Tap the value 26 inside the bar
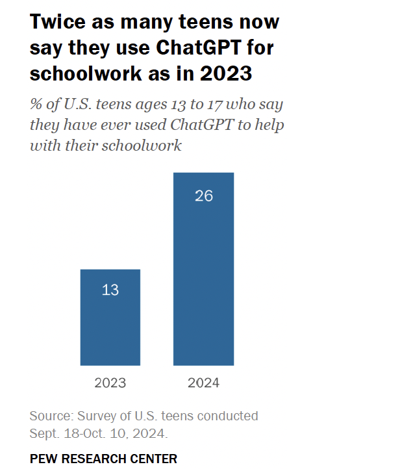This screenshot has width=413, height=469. pyautogui.click(x=204, y=195)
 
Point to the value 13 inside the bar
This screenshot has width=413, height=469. pyautogui.click(x=110, y=290)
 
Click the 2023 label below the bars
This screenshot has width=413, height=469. pyautogui.click(x=110, y=383)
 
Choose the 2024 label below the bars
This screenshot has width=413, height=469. pyautogui.click(x=203, y=383)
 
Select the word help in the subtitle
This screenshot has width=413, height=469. pyautogui.click(x=269, y=125)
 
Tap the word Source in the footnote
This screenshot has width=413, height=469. pyautogui.click(x=50, y=416)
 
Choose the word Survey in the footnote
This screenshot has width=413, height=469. pyautogui.click(x=95, y=416)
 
